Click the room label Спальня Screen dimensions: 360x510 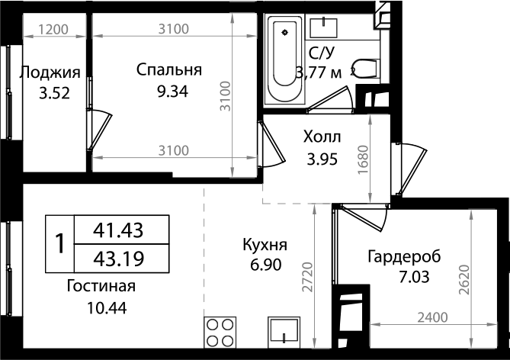[x=168, y=70]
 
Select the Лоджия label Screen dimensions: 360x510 [x=50, y=73]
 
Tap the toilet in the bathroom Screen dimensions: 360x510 [x=365, y=69]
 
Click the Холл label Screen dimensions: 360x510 [x=322, y=138]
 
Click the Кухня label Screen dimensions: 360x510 [x=265, y=245]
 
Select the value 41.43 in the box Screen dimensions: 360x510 [x=118, y=229]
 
